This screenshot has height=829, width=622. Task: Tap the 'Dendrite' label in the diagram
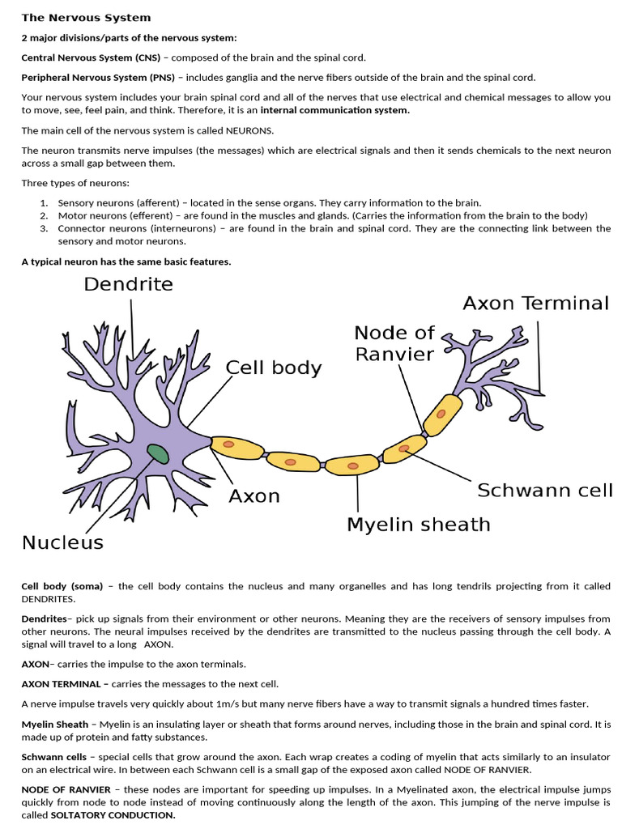pyautogui.click(x=128, y=284)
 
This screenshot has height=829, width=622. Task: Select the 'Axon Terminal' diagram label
pyautogui.click(x=535, y=304)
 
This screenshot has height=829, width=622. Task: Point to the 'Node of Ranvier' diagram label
pyautogui.click(x=394, y=343)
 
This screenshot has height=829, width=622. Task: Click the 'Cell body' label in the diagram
pyautogui.click(x=273, y=368)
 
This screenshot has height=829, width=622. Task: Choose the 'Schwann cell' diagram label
pyautogui.click(x=544, y=491)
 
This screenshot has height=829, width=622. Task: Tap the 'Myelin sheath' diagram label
pyautogui.click(x=418, y=525)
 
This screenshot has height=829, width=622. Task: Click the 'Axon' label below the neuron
pyautogui.click(x=254, y=495)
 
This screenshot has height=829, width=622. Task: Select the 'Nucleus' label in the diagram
pyautogui.click(x=62, y=542)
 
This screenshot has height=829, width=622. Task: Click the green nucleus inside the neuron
pyautogui.click(x=158, y=454)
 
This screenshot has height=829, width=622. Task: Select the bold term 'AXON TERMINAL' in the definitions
pyautogui.click(x=61, y=684)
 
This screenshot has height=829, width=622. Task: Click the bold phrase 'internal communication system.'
pyautogui.click(x=334, y=110)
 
